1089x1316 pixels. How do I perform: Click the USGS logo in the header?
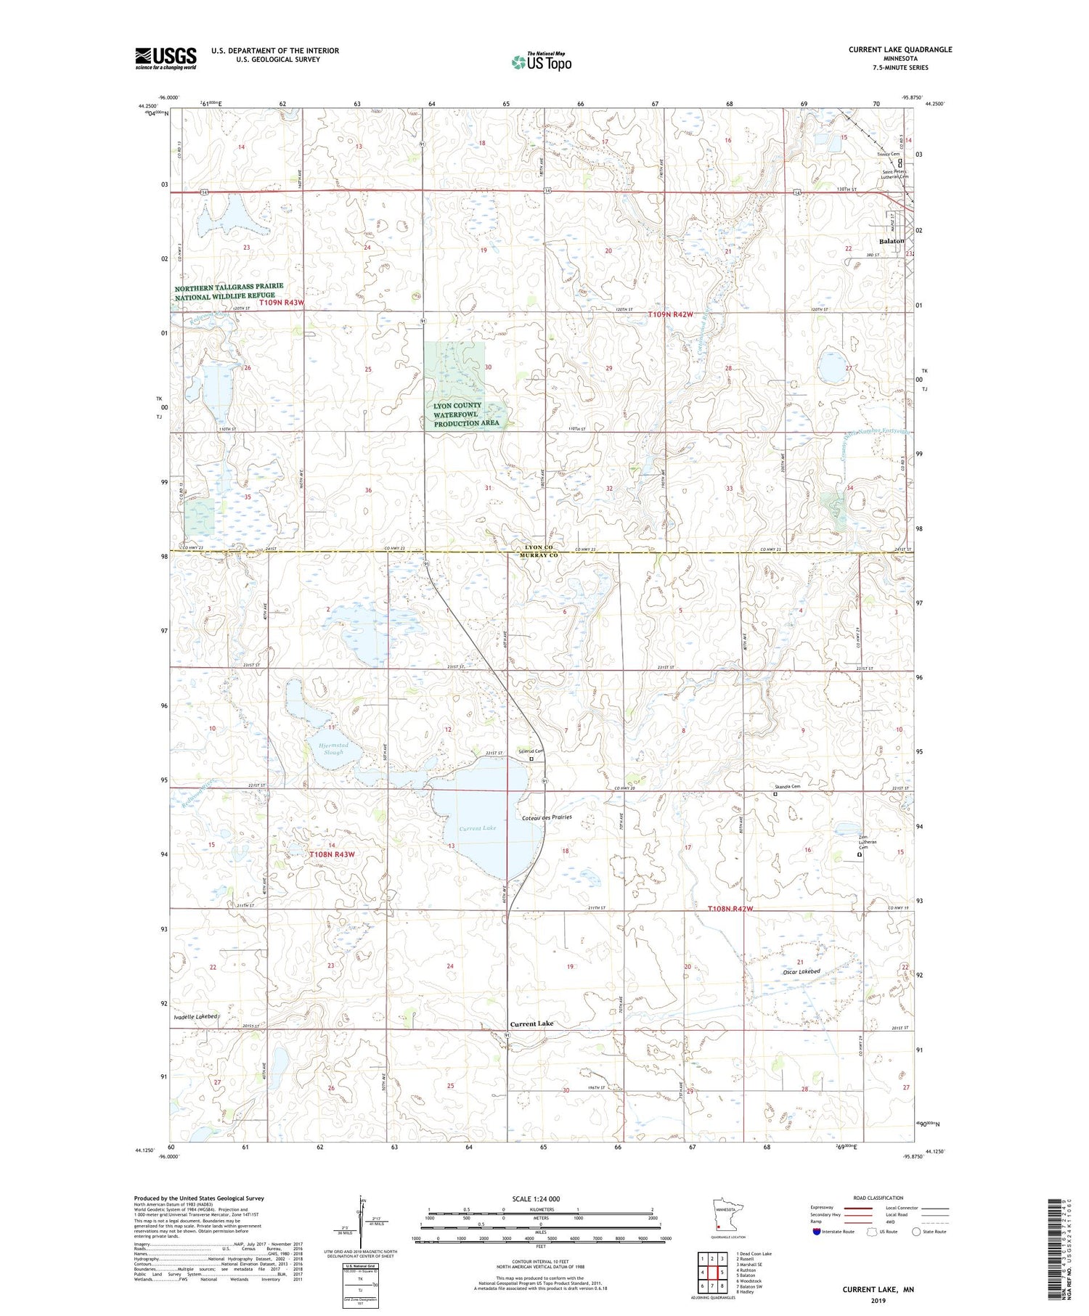pos(166,58)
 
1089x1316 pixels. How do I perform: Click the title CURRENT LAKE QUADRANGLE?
pos(900,49)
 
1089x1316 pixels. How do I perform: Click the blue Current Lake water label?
pos(478,828)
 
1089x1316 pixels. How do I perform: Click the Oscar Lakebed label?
pos(802,971)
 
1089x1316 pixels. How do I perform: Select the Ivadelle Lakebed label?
pos(196,1017)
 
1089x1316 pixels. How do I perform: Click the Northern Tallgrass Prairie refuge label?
pos(229,291)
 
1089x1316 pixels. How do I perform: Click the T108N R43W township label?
pos(333,854)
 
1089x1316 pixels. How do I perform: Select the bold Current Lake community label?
pos(531,1023)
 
